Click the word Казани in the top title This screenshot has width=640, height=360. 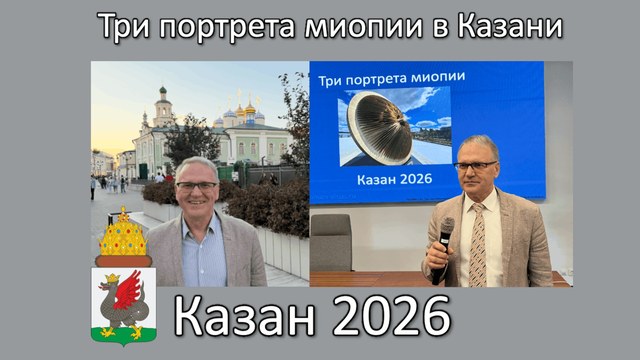click(510, 27)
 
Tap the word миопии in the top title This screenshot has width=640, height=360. click(363, 27)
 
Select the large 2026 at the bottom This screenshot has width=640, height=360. click(392, 317)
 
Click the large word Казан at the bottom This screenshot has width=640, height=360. click(245, 317)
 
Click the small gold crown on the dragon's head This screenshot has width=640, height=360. click(112, 279)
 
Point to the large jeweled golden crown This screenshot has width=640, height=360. click(123, 235)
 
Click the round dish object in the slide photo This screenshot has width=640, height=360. click(378, 127)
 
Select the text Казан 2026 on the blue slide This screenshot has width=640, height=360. click(394, 179)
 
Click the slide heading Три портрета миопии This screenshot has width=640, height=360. click(392, 78)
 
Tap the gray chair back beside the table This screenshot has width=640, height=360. click(331, 242)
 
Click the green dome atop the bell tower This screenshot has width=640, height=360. click(163, 90)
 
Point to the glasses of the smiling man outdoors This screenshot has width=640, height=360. click(197, 186)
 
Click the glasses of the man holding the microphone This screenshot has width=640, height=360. click(476, 165)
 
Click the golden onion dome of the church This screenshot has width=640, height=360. click(250, 108)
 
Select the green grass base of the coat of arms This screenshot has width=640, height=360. click(124, 336)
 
